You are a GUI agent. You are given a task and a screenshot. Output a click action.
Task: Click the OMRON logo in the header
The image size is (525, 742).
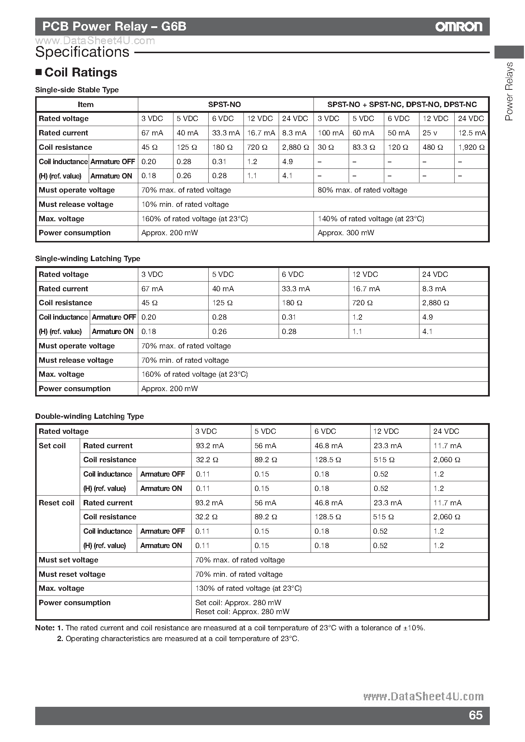pyautogui.click(x=459, y=27)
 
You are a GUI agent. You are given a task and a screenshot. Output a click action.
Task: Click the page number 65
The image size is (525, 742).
pyautogui.click(x=475, y=715)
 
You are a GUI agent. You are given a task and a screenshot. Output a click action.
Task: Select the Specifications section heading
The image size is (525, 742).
pyautogui.click(x=82, y=52)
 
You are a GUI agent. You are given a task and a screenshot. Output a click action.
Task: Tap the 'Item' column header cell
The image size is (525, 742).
pyautogui.click(x=85, y=105)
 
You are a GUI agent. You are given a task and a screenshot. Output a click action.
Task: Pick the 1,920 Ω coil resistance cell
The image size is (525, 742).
pyautogui.click(x=471, y=147)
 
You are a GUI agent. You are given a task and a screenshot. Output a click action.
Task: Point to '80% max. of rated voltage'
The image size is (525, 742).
pyautogui.click(x=362, y=190)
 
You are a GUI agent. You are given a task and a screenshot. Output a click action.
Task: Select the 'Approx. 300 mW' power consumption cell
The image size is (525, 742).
pyautogui.click(x=346, y=233)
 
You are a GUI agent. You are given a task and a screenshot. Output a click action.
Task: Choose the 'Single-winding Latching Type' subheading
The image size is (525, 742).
pyautogui.click(x=88, y=259)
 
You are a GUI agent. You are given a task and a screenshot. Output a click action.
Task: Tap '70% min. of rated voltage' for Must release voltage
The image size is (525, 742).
pyautogui.click(x=185, y=360)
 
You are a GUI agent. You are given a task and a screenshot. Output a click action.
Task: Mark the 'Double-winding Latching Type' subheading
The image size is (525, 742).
pyautogui.click(x=89, y=416)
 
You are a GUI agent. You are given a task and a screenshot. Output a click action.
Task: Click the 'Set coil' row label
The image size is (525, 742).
pyautogui.click(x=52, y=446)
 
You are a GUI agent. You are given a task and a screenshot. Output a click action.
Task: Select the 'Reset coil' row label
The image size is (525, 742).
pyautogui.click(x=56, y=503)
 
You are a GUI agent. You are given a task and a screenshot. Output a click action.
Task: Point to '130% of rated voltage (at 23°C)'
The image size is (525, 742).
pyautogui.click(x=248, y=588)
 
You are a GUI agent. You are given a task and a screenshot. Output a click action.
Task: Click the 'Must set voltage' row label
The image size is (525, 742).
pyautogui.click(x=68, y=560)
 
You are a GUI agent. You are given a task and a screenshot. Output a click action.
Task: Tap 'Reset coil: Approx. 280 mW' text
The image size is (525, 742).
pyautogui.click(x=242, y=612)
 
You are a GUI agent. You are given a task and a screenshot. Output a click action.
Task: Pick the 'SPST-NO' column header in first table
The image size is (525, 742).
pyautogui.click(x=224, y=105)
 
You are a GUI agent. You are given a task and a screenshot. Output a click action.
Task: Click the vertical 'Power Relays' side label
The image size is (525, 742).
pyautogui.click(x=509, y=92)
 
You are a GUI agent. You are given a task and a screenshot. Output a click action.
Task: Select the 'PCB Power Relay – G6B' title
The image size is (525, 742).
pyautogui.click(x=114, y=27)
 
